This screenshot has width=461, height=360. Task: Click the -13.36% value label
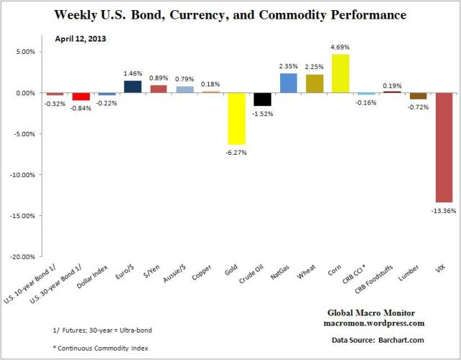coord(443,210)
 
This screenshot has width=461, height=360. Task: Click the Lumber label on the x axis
coord(416,272)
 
